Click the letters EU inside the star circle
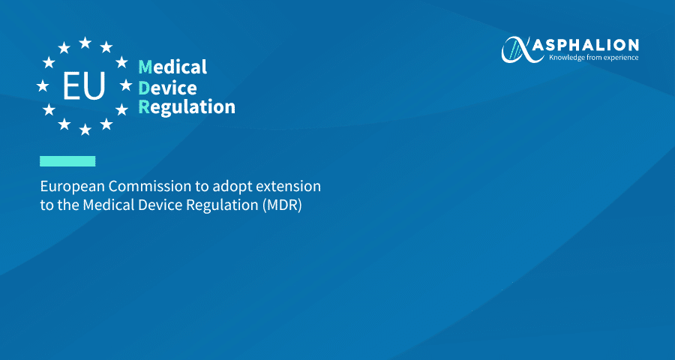click(84, 85)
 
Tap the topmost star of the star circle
click(85, 43)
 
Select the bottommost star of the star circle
click(85, 129)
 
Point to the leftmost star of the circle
click(43, 85)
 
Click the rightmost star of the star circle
click(126, 85)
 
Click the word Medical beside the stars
click(172, 67)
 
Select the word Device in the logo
click(167, 88)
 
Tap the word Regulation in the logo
click(187, 107)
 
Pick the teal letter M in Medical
click(145, 67)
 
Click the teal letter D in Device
click(144, 88)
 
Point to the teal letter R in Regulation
click(144, 107)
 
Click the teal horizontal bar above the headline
click(67, 161)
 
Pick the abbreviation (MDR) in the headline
click(282, 205)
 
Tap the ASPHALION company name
click(585, 45)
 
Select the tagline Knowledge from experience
click(593, 57)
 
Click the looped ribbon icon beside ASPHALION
click(516, 49)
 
